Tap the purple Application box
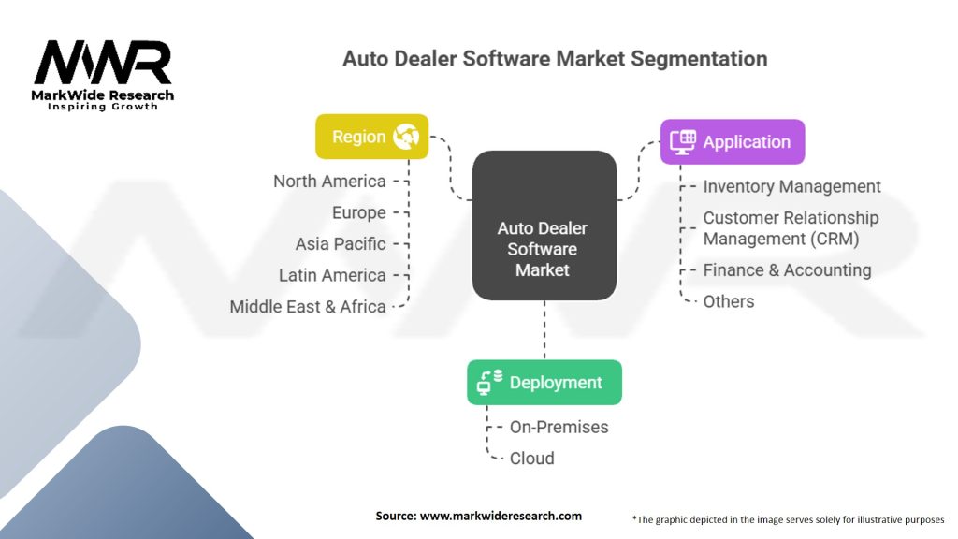tap(732, 142)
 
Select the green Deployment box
tap(544, 383)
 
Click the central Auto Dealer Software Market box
tap(543, 249)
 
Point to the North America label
tap(329, 182)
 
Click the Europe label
tap(358, 212)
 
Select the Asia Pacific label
tap(341, 244)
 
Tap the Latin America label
tap(332, 275)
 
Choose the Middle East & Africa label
tap(308, 307)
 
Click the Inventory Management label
tap(791, 187)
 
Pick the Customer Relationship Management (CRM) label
tap(791, 228)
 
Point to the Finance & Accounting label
tap(787, 270)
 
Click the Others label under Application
tap(729, 301)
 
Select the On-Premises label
tap(559, 427)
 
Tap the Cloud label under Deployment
tap(531, 459)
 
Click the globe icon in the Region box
tap(406, 138)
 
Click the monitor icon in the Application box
tap(683, 141)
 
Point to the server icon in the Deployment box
tap(490, 382)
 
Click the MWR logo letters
tap(103, 66)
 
